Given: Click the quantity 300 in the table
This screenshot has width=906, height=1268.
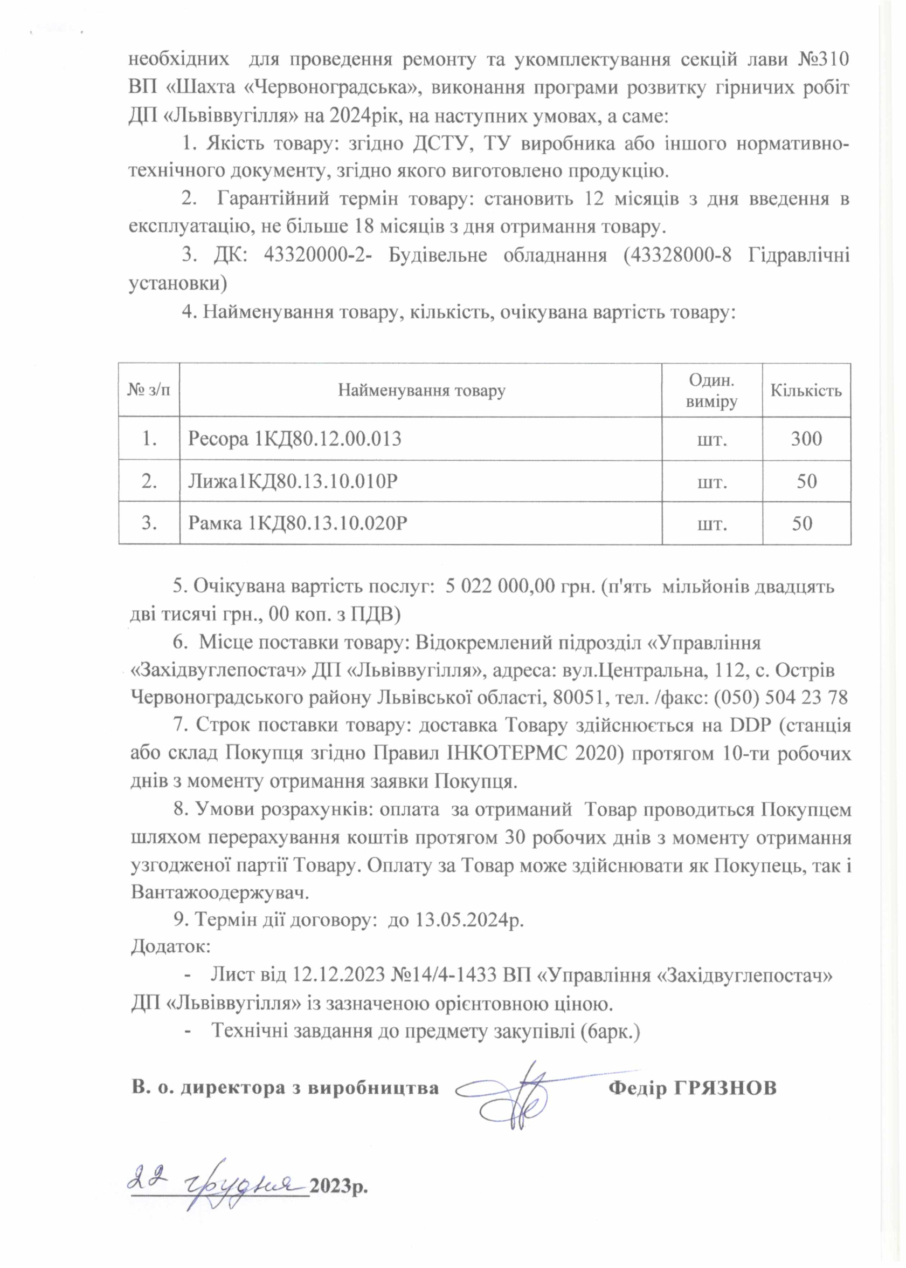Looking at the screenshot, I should [806, 439].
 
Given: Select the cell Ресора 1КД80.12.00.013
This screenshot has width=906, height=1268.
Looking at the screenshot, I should [295, 439].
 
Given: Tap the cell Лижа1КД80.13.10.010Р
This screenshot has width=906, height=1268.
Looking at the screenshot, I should [293, 481].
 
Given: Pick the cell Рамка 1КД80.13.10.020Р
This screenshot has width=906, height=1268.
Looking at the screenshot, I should [298, 523].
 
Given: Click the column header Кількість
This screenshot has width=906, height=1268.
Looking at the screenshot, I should [806, 390].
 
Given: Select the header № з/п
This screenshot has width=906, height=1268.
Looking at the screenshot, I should [149, 390].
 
